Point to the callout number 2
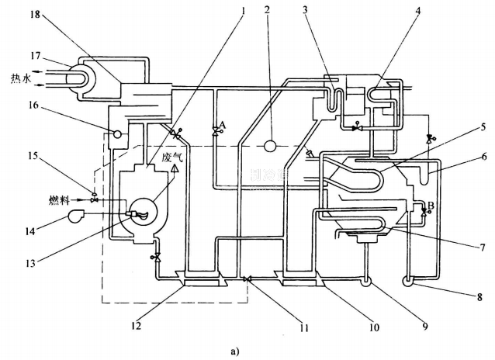[266, 11]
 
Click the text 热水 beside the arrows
[21, 78]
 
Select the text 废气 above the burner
[171, 156]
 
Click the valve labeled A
[216, 130]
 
